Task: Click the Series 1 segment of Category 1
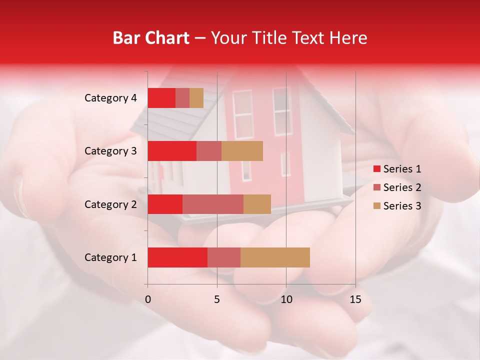tap(177, 257)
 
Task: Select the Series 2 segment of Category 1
tap(224, 257)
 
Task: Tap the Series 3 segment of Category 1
tap(275, 257)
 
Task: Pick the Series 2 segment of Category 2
tap(213, 204)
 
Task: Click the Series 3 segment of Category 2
tap(257, 204)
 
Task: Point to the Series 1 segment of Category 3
tap(172, 151)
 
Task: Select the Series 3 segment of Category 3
tap(242, 151)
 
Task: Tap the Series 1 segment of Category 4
tap(161, 98)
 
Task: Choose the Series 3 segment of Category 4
tap(196, 98)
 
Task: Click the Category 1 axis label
tap(110, 257)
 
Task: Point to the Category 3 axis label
tap(110, 151)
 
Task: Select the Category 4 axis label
tap(110, 98)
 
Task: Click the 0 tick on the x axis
tap(148, 299)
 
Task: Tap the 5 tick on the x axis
tap(217, 299)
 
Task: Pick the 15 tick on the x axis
tap(355, 299)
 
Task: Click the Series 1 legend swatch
tap(376, 169)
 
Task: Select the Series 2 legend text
tap(402, 187)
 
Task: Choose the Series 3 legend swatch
tap(376, 206)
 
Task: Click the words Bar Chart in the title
tap(151, 38)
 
